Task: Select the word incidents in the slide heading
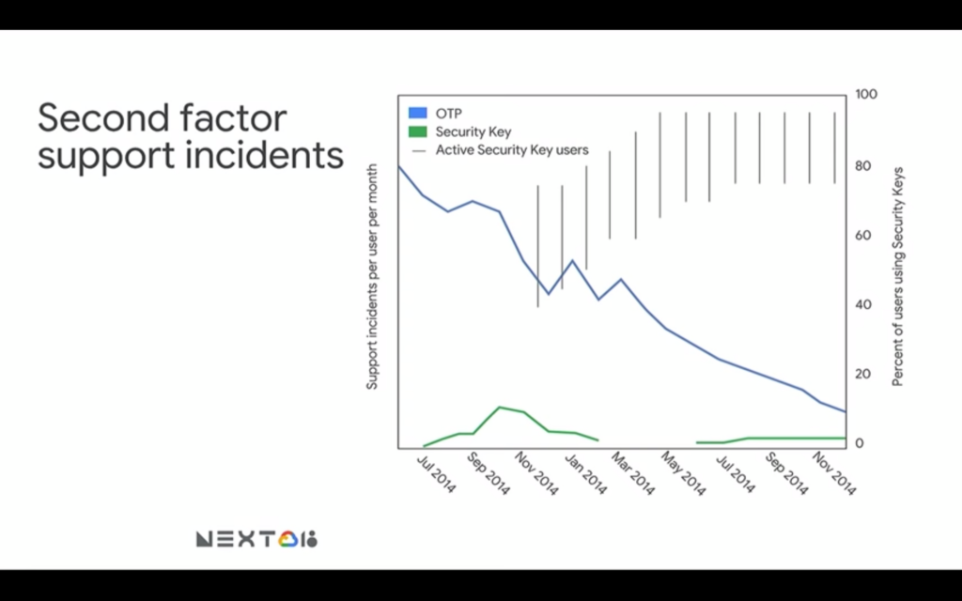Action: pos(264,155)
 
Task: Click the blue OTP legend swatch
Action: pos(418,113)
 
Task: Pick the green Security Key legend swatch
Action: pos(418,131)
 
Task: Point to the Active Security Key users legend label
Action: pos(512,150)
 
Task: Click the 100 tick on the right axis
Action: pos(865,95)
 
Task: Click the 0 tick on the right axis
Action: pos(860,443)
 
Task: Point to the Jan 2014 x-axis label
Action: pos(585,474)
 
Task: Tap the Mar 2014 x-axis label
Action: pos(633,474)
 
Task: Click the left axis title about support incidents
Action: pos(372,277)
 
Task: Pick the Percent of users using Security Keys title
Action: pos(897,277)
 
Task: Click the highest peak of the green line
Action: pos(500,408)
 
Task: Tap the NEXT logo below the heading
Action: pos(256,539)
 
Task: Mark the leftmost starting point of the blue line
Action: pos(398,166)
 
